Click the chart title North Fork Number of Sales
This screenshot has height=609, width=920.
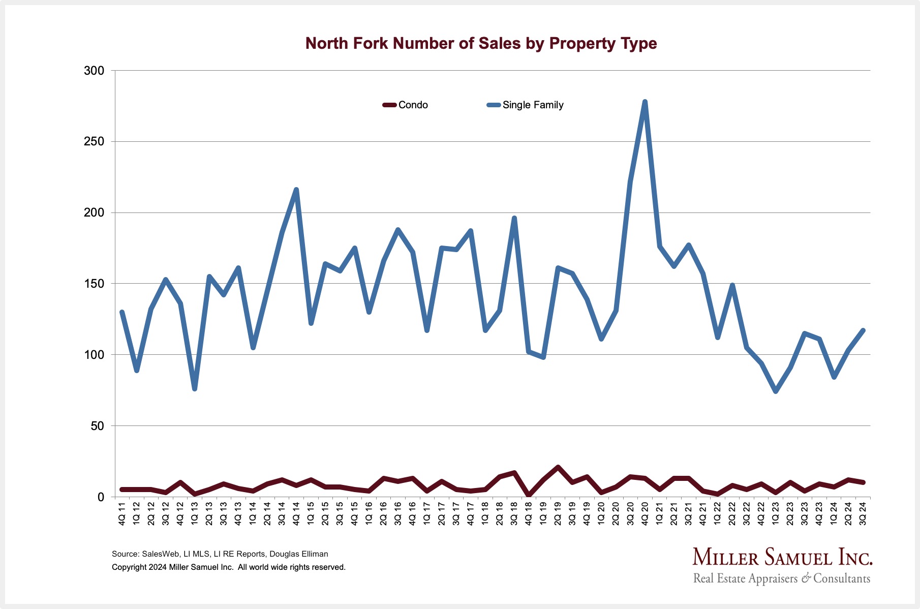coord(481,44)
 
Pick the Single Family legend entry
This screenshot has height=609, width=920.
coord(526,105)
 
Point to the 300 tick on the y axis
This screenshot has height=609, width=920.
coord(94,71)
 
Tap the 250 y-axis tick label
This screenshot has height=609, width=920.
coord(94,142)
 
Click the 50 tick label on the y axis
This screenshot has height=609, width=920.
coord(97,426)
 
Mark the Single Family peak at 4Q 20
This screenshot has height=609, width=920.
coord(645,102)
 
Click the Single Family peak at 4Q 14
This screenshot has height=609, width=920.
coord(296,190)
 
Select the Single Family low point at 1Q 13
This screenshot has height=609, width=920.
coord(195,389)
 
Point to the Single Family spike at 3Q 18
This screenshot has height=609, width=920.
coord(514,218)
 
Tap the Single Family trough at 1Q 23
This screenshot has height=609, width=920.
coord(776,391)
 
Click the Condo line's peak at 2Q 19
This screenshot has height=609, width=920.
coord(558,467)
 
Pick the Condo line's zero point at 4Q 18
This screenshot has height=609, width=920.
coord(529,496)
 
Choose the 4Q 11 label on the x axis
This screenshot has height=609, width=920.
coord(122,513)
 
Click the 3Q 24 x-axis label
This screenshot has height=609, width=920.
coord(863,513)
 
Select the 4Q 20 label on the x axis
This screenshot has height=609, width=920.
coord(645,513)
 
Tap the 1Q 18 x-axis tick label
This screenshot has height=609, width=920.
coord(485,513)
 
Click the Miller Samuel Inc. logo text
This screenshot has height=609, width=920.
coord(782,558)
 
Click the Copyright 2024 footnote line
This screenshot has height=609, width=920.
coord(229,567)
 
